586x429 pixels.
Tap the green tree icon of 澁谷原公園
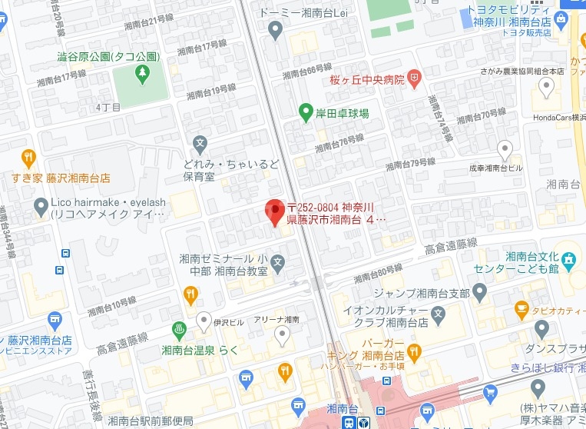141,73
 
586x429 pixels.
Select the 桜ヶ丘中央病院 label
367,78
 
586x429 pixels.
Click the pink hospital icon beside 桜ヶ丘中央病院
415,77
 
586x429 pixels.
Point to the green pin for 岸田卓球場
305,111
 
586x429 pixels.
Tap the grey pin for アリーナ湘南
282,333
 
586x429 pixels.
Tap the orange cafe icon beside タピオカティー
521,308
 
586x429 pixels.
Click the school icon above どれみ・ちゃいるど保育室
200,143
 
